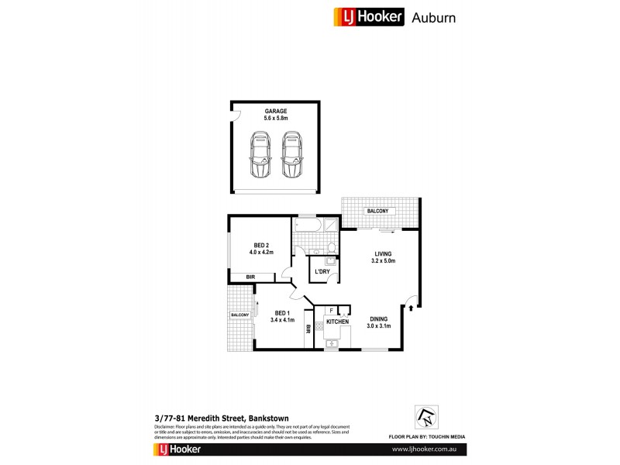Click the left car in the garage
point(259,154)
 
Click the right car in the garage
point(291,154)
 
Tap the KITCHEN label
point(337,321)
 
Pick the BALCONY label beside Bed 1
point(239,315)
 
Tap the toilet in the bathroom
point(332,248)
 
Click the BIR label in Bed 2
point(250,277)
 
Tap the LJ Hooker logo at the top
point(368,16)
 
